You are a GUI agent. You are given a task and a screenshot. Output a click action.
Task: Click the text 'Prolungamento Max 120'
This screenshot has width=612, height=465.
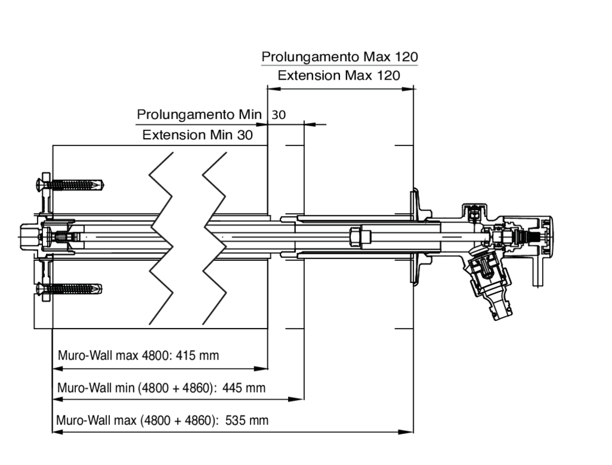point(339,57)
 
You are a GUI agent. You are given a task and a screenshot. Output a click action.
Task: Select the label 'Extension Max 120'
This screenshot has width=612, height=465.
point(339,75)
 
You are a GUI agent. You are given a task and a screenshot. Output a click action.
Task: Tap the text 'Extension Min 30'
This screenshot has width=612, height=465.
point(197,135)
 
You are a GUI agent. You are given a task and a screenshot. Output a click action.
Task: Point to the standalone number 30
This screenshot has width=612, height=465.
point(279,115)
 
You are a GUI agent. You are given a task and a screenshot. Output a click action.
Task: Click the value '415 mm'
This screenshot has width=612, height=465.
point(197,355)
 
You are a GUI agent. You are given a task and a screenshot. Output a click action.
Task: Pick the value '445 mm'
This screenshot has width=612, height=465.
point(244,388)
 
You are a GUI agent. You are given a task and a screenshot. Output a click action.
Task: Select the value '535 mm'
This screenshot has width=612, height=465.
point(247,421)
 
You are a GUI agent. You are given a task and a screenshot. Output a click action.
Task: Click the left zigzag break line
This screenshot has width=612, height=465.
point(161,238)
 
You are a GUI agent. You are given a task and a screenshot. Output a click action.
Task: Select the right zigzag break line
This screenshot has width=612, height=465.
point(215,238)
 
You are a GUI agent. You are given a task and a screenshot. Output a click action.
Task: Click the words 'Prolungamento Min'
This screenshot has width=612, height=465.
point(199,114)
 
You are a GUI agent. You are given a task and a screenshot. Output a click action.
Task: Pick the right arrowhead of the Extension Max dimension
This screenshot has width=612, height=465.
point(407,89)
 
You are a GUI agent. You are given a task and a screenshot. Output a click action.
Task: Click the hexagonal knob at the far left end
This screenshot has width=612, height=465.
point(29,237)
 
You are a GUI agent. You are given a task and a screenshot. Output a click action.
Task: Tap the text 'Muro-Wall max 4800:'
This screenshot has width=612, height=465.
point(114,355)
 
